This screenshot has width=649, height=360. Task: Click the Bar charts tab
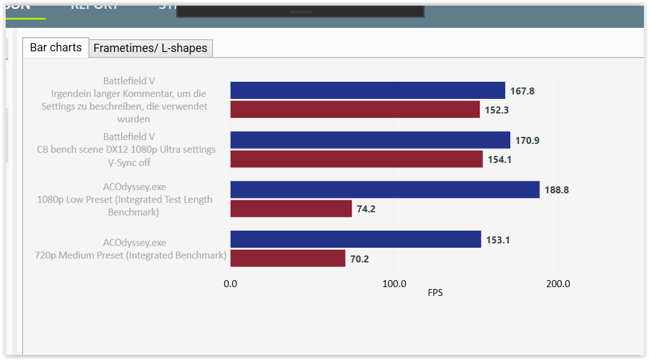coord(56,48)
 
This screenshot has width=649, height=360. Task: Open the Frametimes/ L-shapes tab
coord(150,48)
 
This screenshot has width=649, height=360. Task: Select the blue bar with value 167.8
coord(368,91)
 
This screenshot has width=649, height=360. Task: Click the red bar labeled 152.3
coord(355,109)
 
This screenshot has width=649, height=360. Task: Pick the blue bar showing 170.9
coord(370,140)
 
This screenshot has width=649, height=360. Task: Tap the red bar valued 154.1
coord(356,159)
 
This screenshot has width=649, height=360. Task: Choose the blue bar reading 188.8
coord(385,190)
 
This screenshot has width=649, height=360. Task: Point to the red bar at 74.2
coord(291,209)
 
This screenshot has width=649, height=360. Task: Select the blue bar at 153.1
coord(356,239)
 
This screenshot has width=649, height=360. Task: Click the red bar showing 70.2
coord(288,258)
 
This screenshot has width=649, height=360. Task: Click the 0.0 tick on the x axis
coord(231,284)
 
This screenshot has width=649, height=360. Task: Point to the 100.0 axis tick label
coord(394,284)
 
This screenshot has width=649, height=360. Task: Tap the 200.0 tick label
coord(558,284)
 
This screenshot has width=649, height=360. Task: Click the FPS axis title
coord(435,293)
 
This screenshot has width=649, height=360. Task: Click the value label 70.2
coord(360,259)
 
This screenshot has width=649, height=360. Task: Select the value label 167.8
coord(522,91)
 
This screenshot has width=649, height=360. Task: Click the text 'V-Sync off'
coord(129,162)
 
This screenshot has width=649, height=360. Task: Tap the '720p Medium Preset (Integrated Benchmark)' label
coord(131,255)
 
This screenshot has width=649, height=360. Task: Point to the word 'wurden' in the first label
coord(134,119)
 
